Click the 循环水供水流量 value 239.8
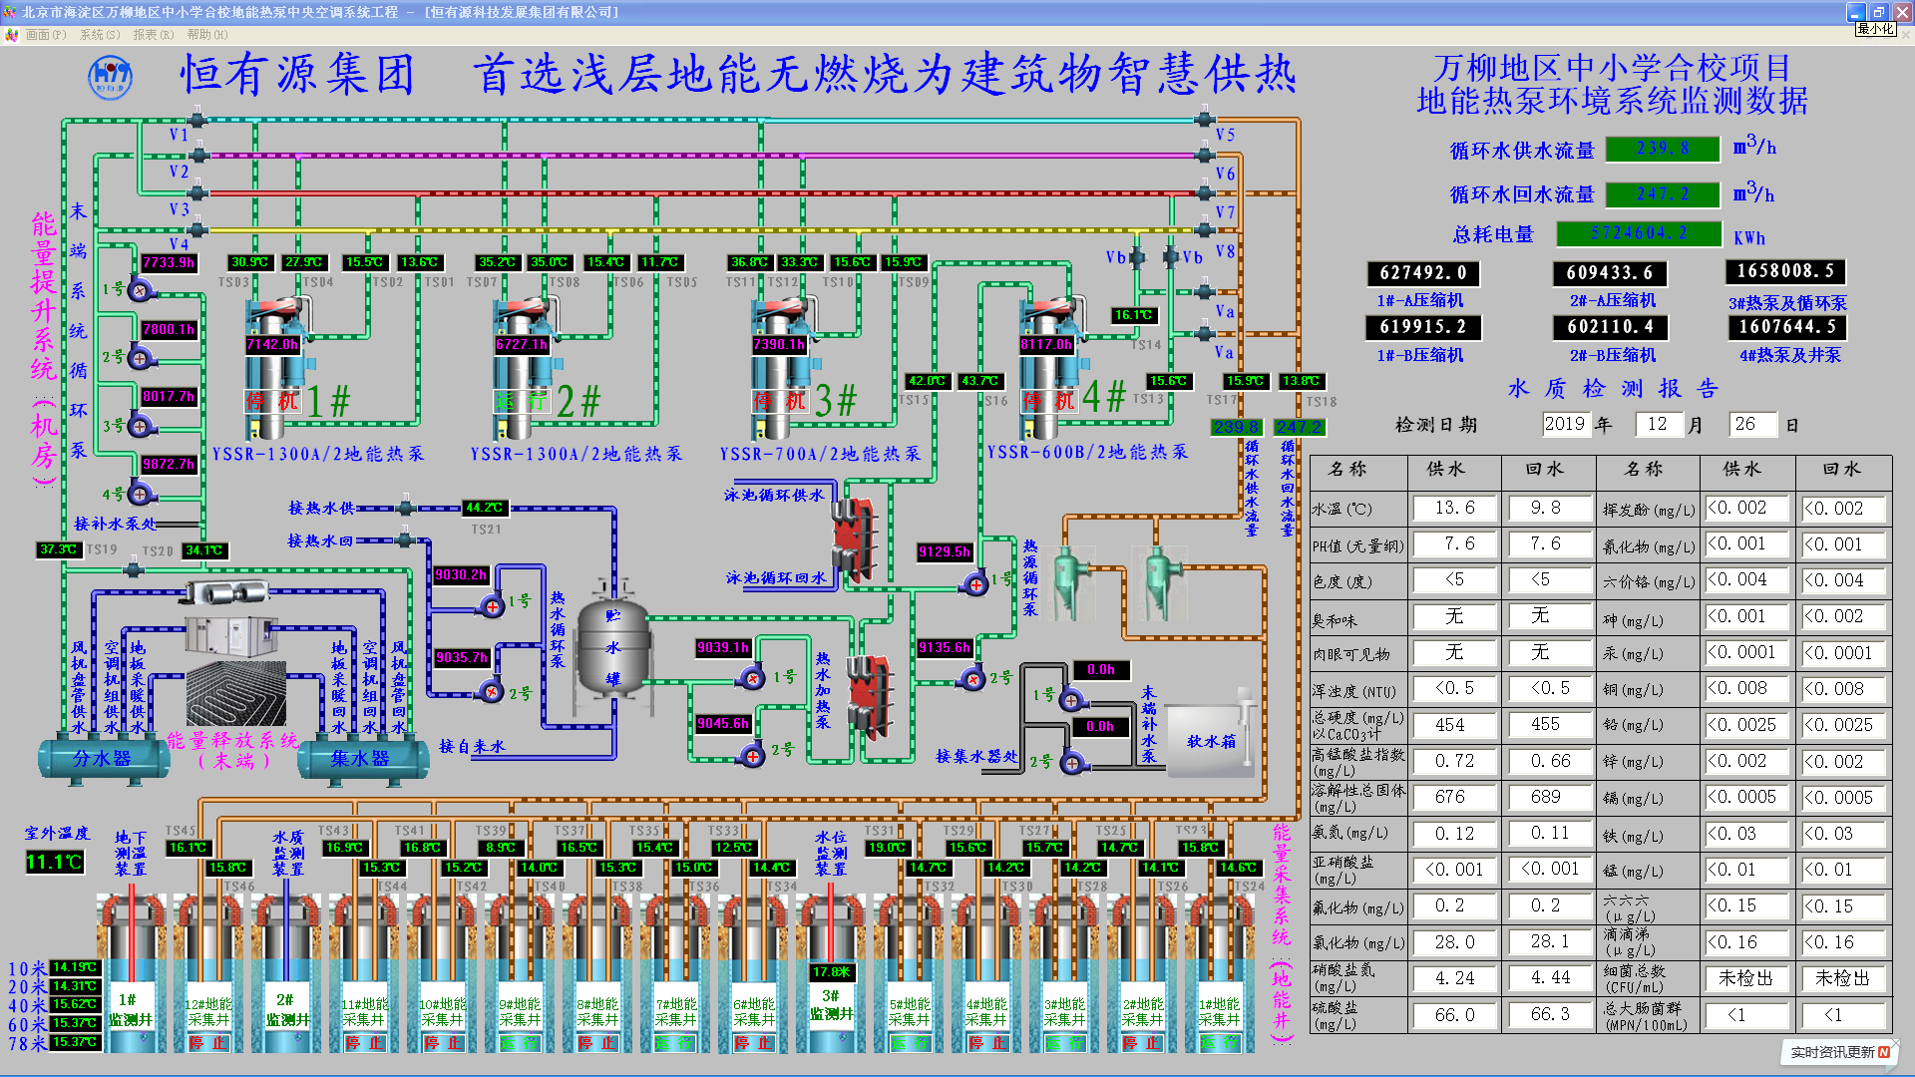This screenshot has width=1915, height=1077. [x=1663, y=149]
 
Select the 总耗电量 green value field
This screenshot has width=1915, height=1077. [x=1639, y=233]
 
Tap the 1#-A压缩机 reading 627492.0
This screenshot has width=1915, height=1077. [x=1422, y=273]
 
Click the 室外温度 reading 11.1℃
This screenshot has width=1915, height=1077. [x=54, y=862]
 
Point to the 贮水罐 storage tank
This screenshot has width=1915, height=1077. [x=612, y=648]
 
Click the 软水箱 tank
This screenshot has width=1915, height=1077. [x=1211, y=739]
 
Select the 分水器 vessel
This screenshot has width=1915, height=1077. [x=102, y=759]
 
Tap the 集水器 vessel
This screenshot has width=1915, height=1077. [x=360, y=759]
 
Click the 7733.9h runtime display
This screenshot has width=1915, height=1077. [x=169, y=262]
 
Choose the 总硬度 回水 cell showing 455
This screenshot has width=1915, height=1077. [x=1545, y=725]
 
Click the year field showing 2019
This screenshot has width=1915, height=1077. [x=1564, y=424]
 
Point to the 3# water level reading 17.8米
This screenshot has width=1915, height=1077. [x=831, y=971]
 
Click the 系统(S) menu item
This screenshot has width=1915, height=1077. [x=100, y=35]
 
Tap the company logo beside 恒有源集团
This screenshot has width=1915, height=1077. [x=110, y=77]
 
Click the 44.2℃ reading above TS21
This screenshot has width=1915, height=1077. [x=485, y=508]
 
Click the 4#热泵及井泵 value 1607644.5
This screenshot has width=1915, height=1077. [x=1786, y=327]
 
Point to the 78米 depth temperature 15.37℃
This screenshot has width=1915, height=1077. [x=75, y=1042]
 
